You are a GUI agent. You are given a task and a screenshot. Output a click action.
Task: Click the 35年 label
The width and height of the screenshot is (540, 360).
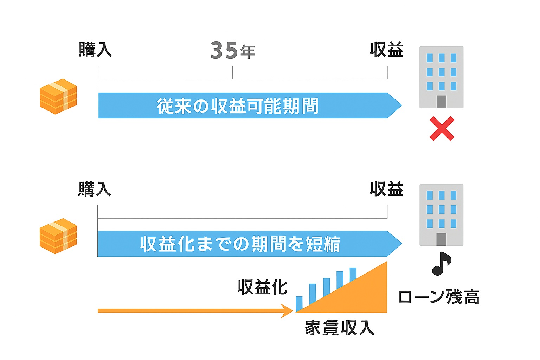pos(232,51)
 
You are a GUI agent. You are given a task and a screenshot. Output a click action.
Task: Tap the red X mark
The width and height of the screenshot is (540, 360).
pos(442,129)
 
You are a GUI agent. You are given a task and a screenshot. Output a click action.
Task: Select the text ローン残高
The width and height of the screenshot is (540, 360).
pos(438,297)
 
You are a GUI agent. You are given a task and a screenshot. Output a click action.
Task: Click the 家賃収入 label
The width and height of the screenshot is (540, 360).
pos(339,328)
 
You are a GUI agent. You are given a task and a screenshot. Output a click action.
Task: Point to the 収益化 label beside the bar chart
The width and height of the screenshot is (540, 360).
pos(262,287)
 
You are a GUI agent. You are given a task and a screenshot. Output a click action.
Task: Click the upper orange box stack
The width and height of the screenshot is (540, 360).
pos(58,97)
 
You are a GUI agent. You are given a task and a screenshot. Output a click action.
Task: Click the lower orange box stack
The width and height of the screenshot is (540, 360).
pos(58,236)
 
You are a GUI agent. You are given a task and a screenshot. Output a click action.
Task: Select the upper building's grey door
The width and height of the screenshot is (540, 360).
pos(441,102)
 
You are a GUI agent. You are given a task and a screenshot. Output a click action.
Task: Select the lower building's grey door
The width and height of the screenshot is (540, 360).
pos(441,239)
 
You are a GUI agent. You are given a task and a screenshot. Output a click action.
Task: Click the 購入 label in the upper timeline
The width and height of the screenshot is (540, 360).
pos(95,50)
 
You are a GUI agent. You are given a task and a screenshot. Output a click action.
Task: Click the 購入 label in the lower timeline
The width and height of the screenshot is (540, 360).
pos(94,189)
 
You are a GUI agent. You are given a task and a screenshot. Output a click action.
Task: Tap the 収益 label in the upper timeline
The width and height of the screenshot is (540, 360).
pos(386,50)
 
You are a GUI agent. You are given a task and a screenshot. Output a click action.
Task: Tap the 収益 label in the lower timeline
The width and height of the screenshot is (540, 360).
pos(386,189)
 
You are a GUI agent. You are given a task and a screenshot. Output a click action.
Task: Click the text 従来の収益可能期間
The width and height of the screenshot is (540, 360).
pos(238,106)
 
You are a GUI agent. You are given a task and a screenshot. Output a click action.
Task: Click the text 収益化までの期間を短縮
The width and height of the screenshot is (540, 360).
pos(240,244)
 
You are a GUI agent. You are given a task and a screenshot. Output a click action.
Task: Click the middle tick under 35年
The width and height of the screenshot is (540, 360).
pos(232,73)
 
